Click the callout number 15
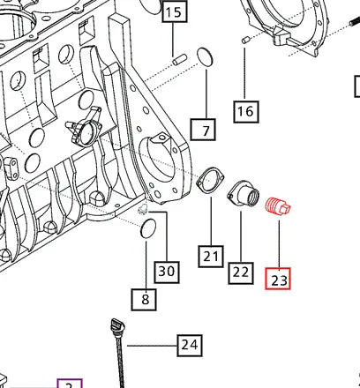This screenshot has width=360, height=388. coord(173,12)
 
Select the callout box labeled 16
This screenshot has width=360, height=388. coord(245,111)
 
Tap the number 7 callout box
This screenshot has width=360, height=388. coord(206,131)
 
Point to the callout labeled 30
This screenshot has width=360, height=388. coord(167,272)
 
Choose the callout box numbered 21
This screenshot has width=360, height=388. coord(210,257)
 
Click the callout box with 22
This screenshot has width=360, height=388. coord(241,272)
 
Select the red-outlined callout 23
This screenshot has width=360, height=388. coord(279,280)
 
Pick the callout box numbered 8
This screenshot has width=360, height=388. coord(146,300)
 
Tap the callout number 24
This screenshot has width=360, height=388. coord(189,345)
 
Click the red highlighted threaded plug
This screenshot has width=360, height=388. coord(279,207)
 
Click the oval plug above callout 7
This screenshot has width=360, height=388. coord(205,57)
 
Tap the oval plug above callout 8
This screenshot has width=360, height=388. coord(148,230)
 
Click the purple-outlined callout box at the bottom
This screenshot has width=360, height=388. coord(69,384)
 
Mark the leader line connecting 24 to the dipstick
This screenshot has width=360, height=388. coord(150,344)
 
